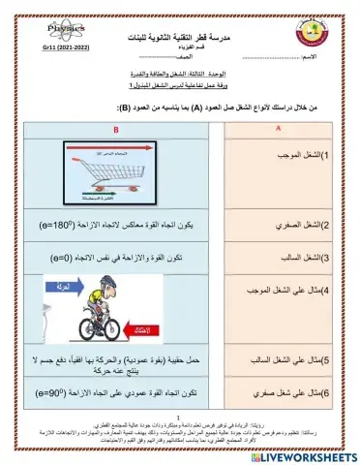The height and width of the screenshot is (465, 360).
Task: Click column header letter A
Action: (278, 129)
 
